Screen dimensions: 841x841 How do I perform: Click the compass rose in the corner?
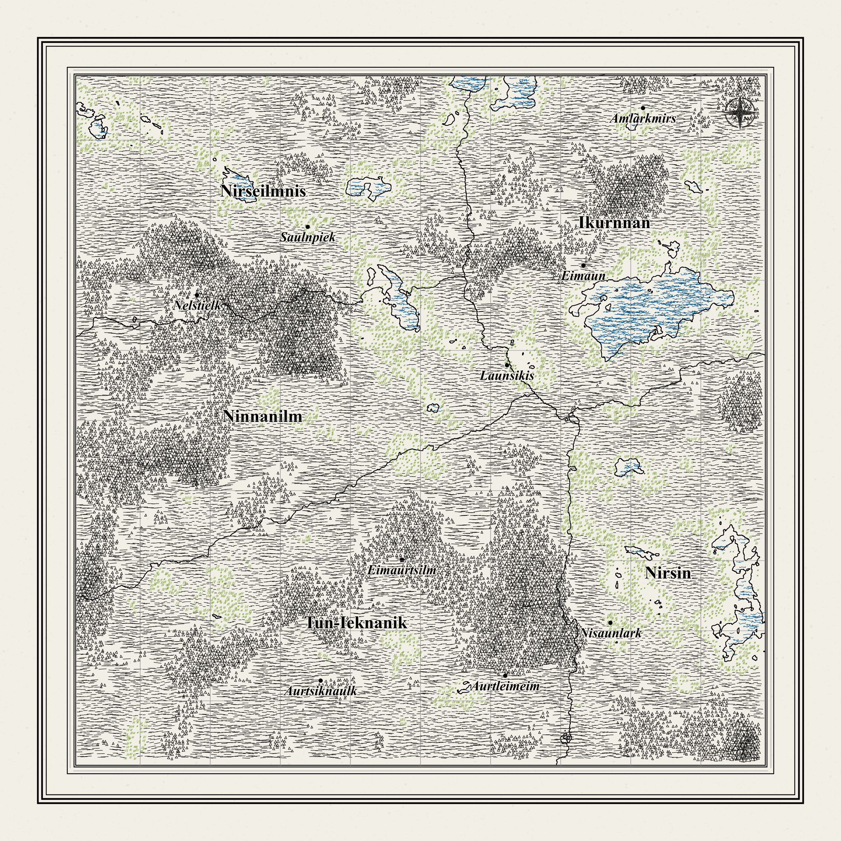pos(740,113)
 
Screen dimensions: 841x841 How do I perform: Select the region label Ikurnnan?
pos(614,223)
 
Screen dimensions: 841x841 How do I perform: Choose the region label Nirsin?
pos(668,573)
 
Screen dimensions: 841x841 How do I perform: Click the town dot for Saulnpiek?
pos(307,227)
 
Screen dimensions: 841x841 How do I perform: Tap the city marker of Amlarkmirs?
pos(643,108)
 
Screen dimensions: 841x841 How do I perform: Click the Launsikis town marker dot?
pos(507,365)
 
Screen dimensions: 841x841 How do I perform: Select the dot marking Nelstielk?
pos(197,295)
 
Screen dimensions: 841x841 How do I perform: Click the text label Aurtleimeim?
pos(505,686)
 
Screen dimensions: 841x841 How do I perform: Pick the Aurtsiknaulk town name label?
pos(321,691)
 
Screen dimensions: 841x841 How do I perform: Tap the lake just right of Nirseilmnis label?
pos(368,188)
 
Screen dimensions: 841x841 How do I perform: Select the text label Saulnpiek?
pos(308,237)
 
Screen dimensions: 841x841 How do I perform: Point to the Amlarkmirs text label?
pos(643,118)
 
